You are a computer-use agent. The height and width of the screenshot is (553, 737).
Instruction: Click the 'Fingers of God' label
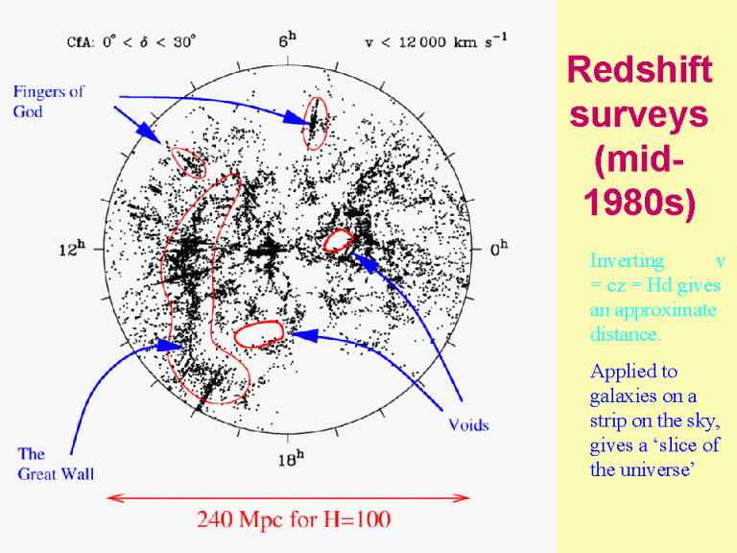[x=48, y=101]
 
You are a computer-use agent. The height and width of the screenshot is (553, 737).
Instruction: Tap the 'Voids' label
[x=468, y=424]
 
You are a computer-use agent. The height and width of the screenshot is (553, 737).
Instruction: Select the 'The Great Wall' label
[x=56, y=464]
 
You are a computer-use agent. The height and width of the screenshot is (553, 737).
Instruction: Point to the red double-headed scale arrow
[x=288, y=497]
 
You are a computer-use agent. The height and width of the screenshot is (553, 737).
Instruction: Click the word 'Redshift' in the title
[x=639, y=70]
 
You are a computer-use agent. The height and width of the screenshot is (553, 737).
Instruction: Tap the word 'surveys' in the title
[x=639, y=114]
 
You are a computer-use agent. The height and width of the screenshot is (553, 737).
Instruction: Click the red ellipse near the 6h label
[x=314, y=122]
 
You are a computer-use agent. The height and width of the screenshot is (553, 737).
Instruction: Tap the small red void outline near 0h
[x=339, y=241]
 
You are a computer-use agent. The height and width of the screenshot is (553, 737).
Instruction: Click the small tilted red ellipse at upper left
[x=188, y=164]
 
